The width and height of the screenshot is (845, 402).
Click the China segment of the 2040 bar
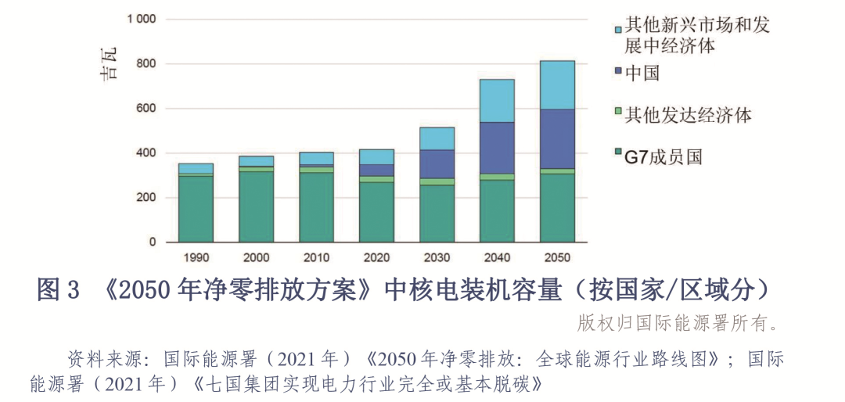[x=497, y=148]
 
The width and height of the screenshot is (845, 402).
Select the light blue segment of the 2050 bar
[x=557, y=84]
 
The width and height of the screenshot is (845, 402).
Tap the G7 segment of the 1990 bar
[x=196, y=209]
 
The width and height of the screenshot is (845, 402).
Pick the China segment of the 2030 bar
[x=437, y=163]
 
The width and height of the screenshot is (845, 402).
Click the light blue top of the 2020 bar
[x=376, y=156]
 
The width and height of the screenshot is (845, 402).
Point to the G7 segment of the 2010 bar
[x=316, y=207]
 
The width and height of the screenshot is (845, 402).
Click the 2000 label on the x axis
[x=256, y=257]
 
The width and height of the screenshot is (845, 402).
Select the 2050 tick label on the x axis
[x=557, y=257]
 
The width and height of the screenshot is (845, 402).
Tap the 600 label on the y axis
[x=146, y=109]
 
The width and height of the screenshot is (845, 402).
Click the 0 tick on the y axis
[x=153, y=242]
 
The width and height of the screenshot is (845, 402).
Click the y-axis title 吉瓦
[x=110, y=65]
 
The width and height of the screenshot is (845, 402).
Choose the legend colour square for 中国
[x=618, y=72]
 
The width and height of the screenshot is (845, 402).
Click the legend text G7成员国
[x=663, y=157]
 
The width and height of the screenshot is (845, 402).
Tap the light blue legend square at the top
[x=618, y=28]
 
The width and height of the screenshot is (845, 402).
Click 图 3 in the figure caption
[x=59, y=292]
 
